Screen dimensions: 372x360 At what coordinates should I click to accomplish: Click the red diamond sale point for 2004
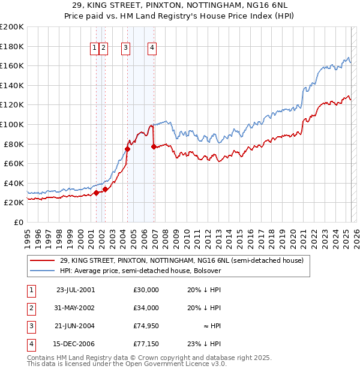point(127,149)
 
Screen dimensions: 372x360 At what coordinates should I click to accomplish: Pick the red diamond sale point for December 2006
point(154,146)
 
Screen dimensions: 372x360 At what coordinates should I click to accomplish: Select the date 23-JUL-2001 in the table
point(74,289)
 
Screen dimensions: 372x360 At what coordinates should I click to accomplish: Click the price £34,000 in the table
point(146,308)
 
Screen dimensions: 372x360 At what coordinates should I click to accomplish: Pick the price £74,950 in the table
point(146,326)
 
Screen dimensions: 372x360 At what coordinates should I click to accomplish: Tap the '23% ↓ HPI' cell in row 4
point(204,344)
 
